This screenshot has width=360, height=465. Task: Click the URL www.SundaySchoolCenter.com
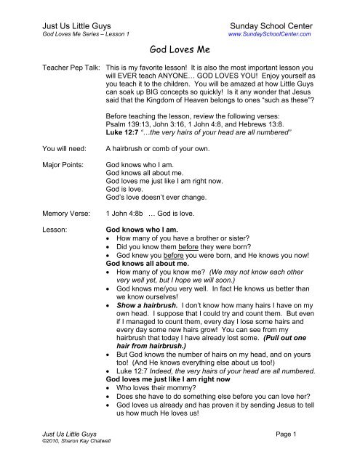click(270, 33)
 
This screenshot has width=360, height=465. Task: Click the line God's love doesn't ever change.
click(163, 200)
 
